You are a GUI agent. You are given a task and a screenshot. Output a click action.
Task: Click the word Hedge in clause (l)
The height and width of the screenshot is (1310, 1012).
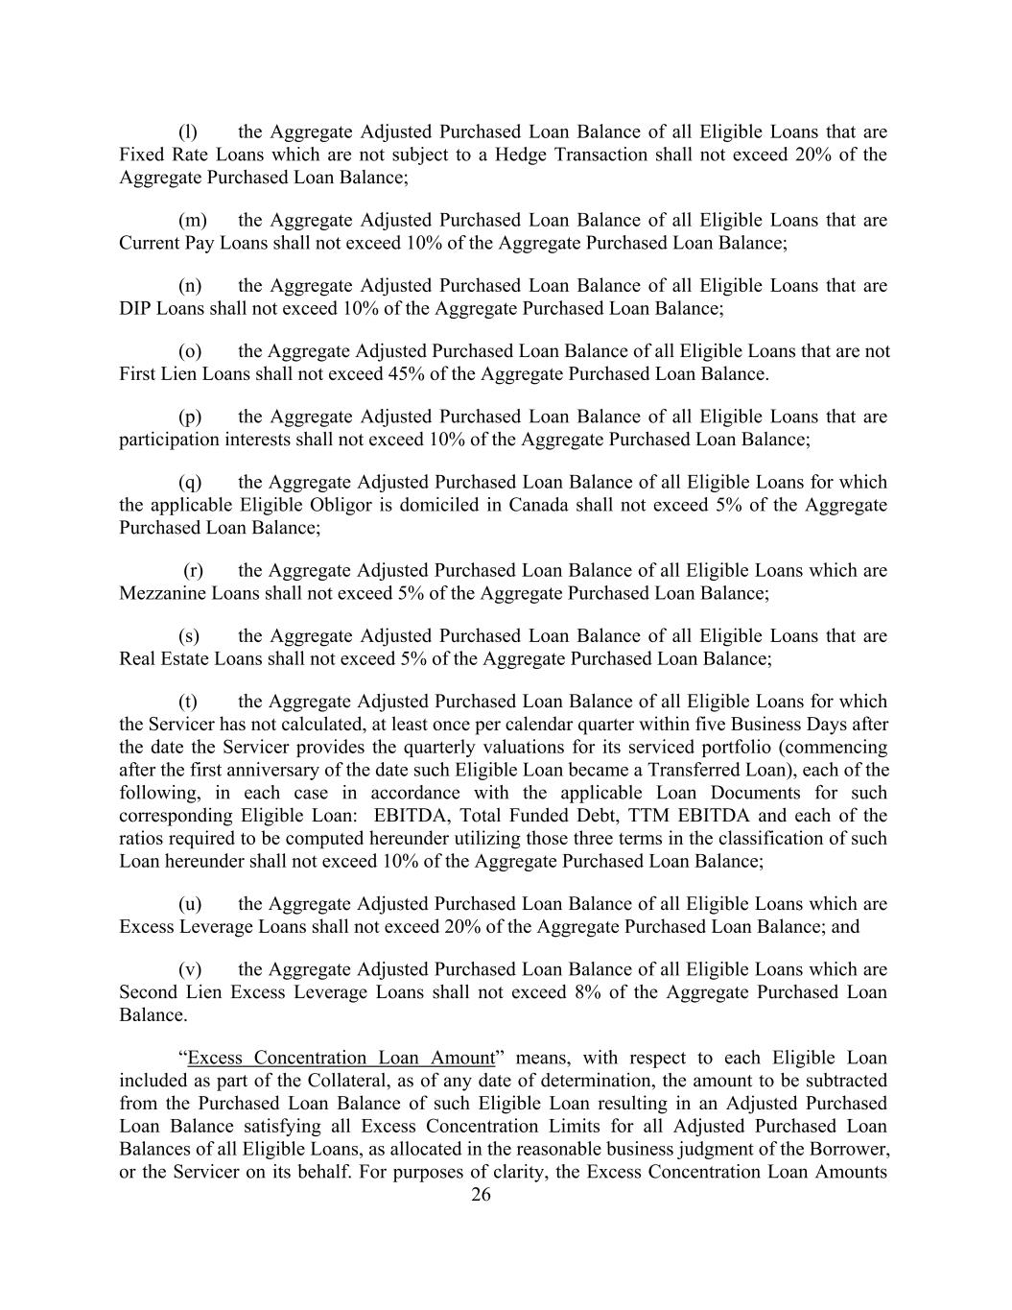pyautogui.click(x=520, y=155)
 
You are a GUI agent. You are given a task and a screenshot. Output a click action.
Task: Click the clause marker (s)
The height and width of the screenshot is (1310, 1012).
pyautogui.click(x=190, y=635)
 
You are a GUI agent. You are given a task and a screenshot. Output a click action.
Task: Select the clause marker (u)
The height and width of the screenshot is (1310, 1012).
pyautogui.click(x=190, y=904)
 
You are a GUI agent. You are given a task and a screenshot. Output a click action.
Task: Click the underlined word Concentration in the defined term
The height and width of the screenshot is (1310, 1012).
pyautogui.click(x=311, y=1058)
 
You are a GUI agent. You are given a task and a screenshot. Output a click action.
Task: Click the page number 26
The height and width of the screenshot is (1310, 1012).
pyautogui.click(x=481, y=1195)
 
